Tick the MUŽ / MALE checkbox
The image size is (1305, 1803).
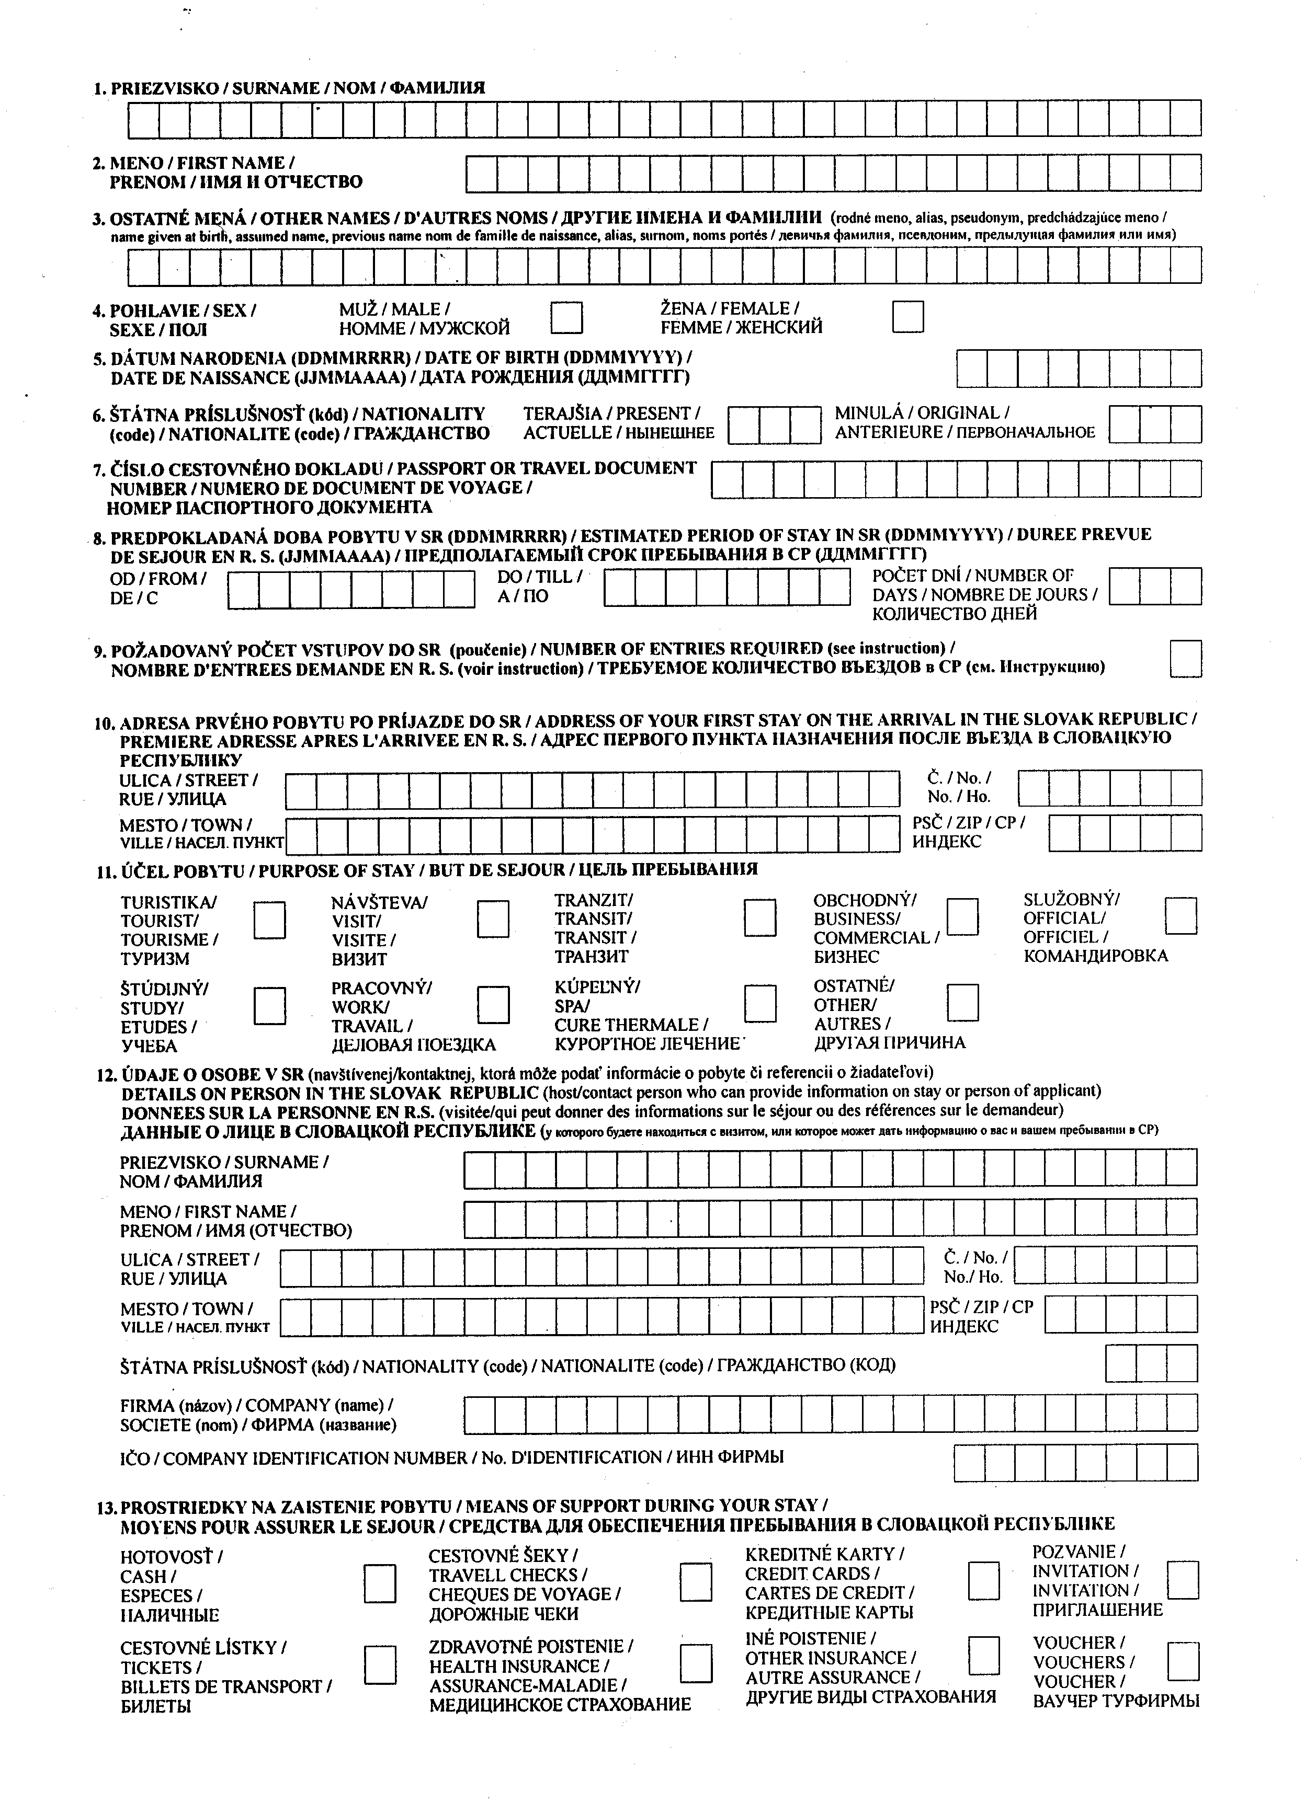pyautogui.click(x=566, y=316)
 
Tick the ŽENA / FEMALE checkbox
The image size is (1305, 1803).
pyautogui.click(x=907, y=316)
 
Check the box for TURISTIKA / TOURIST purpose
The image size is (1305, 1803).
pyautogui.click(x=269, y=920)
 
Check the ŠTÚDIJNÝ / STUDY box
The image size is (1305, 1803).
pyautogui.click(x=269, y=1006)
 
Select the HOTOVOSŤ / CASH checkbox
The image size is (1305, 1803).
pyautogui.click(x=379, y=1583)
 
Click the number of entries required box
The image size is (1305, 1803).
pyautogui.click(x=1185, y=658)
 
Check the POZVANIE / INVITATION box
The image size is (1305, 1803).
pyautogui.click(x=1183, y=1580)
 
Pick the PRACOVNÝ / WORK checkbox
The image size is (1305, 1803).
pyautogui.click(x=493, y=1005)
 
